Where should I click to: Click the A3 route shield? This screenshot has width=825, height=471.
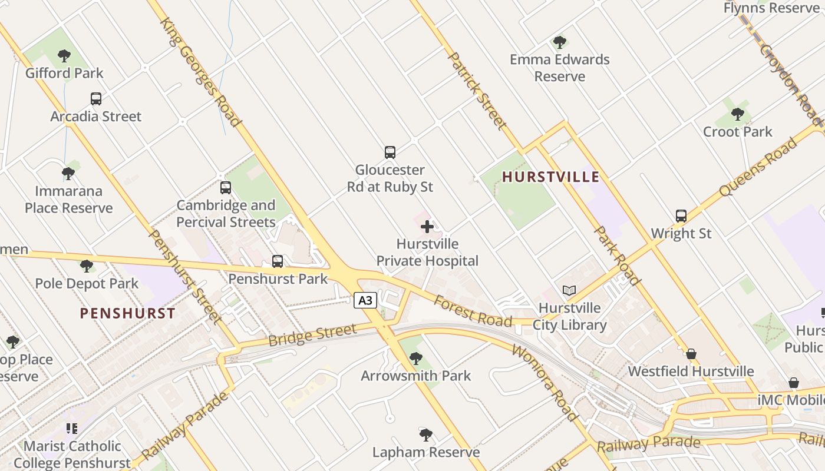[365, 300]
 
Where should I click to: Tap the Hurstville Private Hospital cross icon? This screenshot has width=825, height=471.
[427, 227]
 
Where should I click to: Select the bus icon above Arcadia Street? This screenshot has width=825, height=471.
[96, 99]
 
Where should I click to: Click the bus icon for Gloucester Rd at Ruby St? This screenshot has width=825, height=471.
[390, 152]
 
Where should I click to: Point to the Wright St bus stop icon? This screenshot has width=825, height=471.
[681, 216]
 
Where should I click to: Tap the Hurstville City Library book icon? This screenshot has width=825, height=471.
[569, 290]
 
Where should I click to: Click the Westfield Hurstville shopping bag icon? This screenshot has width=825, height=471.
[691, 354]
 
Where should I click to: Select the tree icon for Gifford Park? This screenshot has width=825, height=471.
[64, 56]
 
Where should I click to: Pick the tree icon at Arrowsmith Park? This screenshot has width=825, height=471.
[416, 358]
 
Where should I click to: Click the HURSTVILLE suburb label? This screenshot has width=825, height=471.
[550, 177]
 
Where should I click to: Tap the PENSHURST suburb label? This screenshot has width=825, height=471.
[127, 313]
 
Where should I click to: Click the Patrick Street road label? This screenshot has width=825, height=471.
[477, 90]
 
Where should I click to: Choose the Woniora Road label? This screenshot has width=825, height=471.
[545, 383]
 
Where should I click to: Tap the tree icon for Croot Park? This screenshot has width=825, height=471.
[737, 114]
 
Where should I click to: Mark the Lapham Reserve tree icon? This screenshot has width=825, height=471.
[425, 435]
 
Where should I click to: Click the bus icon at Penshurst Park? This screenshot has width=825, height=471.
[278, 261]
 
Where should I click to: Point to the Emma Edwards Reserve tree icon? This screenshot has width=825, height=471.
[559, 42]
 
